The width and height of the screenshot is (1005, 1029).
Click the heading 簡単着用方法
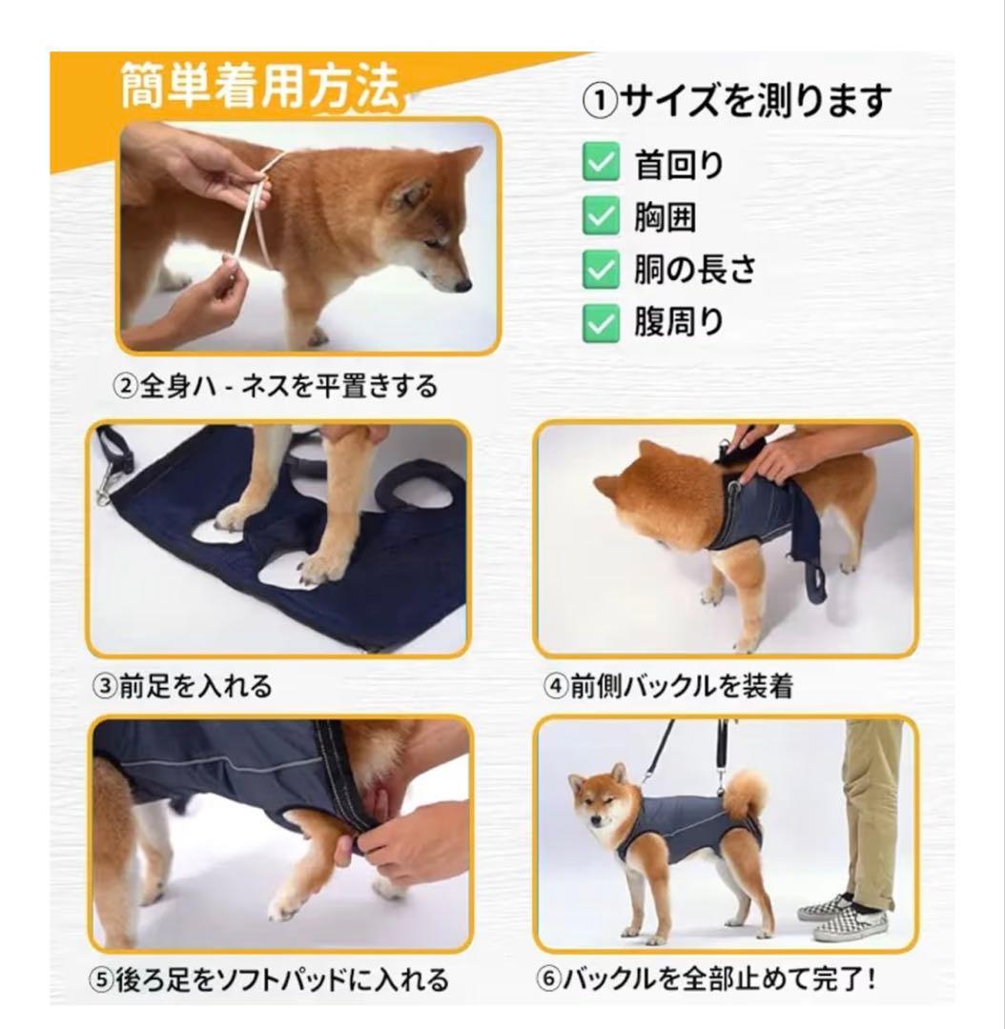click(260, 86)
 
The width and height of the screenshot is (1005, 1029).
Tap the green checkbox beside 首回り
click(601, 161)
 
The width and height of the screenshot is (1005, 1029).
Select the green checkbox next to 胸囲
click(601, 214)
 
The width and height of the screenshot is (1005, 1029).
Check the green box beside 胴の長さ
click(601, 269)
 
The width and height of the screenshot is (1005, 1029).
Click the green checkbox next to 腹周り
click(601, 322)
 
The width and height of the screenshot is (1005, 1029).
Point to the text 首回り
click(679, 164)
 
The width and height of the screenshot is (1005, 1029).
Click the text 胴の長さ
click(695, 269)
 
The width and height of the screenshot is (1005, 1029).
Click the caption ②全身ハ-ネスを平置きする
click(276, 386)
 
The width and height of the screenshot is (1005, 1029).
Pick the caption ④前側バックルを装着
click(668, 686)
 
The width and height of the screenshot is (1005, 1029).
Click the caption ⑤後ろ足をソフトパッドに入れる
click(269, 979)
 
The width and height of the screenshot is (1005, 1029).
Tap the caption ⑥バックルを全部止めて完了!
click(706, 979)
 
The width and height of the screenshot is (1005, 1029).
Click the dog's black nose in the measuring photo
click(462, 286)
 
